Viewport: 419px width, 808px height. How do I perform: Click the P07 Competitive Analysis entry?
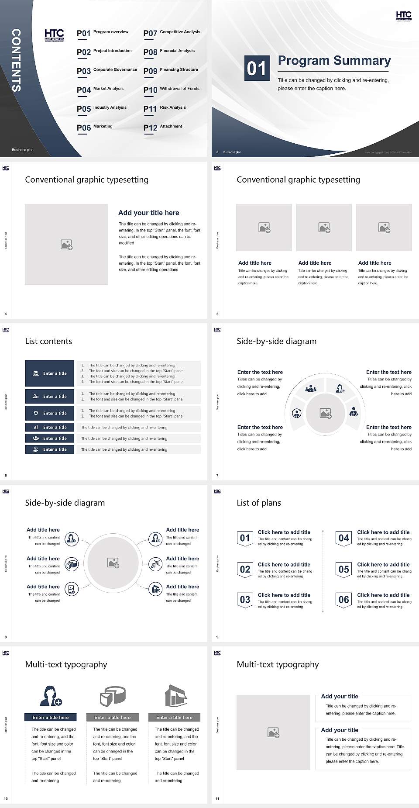172,33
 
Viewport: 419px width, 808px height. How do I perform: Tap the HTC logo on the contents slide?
54,35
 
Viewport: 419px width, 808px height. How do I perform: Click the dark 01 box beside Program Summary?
256,68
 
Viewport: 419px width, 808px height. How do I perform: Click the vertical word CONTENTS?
16,60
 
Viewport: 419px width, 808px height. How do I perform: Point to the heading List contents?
48,341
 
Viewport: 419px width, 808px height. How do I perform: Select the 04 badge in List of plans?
343,539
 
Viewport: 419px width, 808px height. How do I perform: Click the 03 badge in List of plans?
245,600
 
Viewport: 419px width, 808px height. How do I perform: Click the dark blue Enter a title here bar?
50,717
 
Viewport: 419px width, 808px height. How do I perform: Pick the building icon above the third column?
175,696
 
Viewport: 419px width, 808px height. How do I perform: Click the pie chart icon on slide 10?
113,696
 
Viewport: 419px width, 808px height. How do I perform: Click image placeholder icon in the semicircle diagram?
325,413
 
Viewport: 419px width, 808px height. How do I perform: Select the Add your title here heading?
148,213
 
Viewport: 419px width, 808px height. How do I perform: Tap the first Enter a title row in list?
50,373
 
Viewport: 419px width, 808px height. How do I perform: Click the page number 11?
217,799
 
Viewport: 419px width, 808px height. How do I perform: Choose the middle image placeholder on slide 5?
324,228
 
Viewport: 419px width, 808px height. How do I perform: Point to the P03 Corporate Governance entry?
107,71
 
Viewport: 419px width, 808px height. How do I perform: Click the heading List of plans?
259,503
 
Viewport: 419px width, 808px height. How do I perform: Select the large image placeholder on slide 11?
273,732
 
